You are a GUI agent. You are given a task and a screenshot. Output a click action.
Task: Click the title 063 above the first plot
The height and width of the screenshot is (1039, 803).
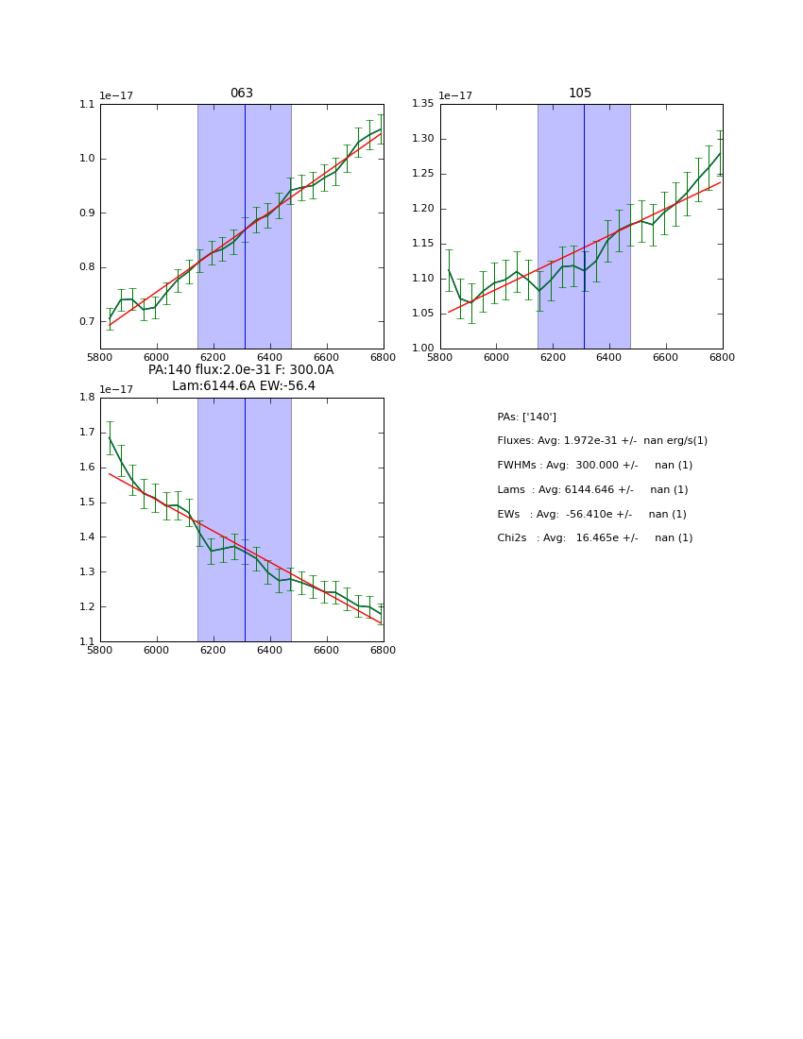tap(242, 94)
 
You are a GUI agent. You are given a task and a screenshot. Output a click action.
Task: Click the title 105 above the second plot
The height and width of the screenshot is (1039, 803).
tap(580, 94)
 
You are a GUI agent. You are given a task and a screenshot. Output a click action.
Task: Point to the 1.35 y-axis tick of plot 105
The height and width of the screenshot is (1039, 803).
tap(422, 104)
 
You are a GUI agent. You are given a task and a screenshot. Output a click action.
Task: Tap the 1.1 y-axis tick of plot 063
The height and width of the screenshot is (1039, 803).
tap(87, 104)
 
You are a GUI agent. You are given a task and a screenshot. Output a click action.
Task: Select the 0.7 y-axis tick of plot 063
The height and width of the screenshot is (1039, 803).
tap(87, 322)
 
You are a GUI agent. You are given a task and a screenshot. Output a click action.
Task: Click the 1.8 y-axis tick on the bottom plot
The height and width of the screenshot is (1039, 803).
tap(87, 398)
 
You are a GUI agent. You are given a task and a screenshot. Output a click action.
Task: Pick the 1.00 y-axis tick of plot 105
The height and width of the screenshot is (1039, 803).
tap(422, 349)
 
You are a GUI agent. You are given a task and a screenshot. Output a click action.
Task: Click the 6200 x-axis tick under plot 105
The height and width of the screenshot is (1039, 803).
tap(553, 358)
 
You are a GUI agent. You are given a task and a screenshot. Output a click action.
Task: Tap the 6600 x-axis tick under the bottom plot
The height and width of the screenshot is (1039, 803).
tap(326, 651)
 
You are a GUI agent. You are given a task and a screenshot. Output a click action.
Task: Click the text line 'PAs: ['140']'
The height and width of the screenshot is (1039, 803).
tap(526, 417)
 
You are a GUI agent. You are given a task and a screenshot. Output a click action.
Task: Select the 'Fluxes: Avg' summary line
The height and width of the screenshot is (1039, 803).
tap(602, 441)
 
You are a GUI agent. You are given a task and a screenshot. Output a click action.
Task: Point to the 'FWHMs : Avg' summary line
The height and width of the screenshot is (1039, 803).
tap(594, 466)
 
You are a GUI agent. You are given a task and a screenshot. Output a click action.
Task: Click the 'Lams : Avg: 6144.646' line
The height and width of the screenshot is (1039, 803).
tap(592, 490)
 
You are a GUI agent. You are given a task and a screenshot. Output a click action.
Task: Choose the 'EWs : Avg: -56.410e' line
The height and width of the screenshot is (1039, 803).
tap(591, 515)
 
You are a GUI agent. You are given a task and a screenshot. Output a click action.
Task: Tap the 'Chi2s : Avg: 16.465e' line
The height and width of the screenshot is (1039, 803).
tap(594, 538)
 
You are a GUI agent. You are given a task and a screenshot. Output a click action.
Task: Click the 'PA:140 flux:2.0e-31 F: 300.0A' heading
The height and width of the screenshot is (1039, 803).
tap(241, 370)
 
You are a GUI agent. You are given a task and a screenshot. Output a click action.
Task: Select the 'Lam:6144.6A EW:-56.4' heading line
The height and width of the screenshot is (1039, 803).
tap(244, 386)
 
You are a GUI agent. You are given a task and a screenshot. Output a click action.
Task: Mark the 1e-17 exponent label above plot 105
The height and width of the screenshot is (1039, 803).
tap(455, 95)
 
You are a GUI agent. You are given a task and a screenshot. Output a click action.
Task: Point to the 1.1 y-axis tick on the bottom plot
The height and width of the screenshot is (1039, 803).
tap(87, 642)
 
